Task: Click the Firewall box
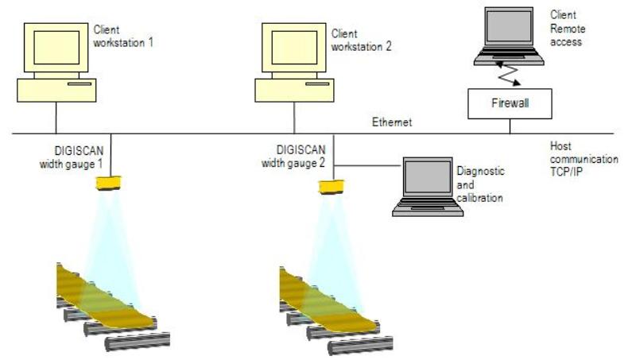(510, 104)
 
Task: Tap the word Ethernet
(392, 122)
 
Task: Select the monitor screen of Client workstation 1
(56, 48)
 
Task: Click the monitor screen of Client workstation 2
(294, 48)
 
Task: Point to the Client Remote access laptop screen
(509, 26)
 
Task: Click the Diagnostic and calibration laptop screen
(428, 176)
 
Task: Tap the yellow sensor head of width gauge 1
(108, 183)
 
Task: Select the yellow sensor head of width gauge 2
(332, 187)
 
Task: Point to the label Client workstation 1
(123, 36)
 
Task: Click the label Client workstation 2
(361, 41)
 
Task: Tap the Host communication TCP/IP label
(584, 158)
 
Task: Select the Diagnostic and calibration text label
(480, 184)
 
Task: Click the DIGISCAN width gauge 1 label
(72, 157)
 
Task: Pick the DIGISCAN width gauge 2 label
(293, 157)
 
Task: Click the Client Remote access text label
(568, 29)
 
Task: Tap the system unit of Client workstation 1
(56, 90)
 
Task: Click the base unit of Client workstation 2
(294, 90)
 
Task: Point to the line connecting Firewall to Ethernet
(510, 126)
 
